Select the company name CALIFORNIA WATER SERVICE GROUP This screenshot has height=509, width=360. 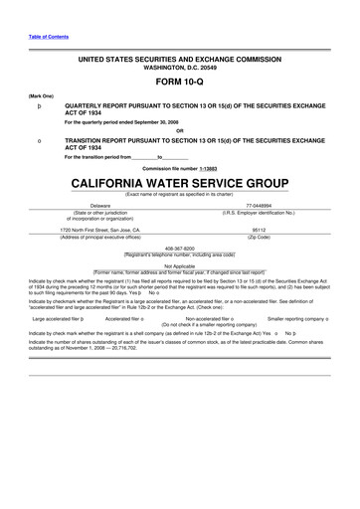(180, 184)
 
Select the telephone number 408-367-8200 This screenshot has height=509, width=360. (180, 249)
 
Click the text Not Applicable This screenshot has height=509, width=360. (180, 265)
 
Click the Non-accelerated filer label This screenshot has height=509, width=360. (207, 318)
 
